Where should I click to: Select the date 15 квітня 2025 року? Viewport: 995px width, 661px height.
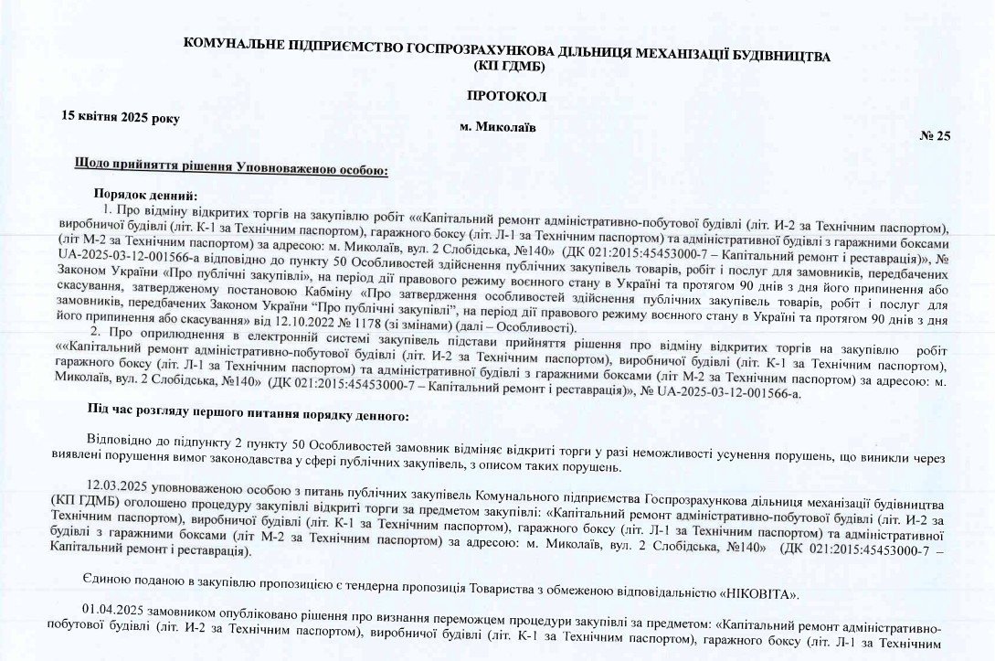pyautogui.click(x=121, y=117)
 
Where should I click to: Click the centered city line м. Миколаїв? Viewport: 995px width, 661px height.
pyautogui.click(x=498, y=127)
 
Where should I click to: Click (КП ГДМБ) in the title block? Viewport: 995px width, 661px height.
pyautogui.click(x=510, y=67)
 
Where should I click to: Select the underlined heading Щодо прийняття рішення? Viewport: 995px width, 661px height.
pyautogui.click(x=234, y=167)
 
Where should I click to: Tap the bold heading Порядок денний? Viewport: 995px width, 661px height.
pyautogui.click(x=145, y=194)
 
